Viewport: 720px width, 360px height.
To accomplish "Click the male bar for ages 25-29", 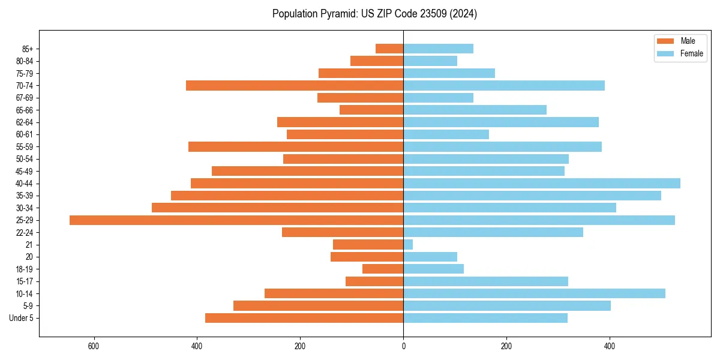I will [x=236, y=220].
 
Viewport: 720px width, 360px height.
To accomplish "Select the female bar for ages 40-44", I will [x=542, y=184].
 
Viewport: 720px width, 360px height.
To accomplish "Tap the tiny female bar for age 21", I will [x=408, y=245].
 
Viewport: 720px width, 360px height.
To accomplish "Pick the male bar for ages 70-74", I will [x=295, y=86].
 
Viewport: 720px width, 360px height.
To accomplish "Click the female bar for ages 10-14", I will [x=534, y=293].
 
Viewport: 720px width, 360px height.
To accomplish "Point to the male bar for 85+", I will [x=389, y=49].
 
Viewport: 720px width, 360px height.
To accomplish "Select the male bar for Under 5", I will [x=304, y=318].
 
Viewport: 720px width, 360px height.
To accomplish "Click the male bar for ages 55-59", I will [x=296, y=147].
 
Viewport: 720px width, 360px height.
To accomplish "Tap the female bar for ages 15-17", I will [x=485, y=281].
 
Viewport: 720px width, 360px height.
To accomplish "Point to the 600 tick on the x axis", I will [x=94, y=346].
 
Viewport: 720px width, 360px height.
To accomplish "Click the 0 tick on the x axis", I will [x=403, y=346].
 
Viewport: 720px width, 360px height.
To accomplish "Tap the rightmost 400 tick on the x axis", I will [x=610, y=346].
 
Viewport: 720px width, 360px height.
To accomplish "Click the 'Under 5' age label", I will [x=22, y=318].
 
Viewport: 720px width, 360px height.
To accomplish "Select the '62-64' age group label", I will [x=25, y=122].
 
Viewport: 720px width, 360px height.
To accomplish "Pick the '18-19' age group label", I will [x=25, y=269].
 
